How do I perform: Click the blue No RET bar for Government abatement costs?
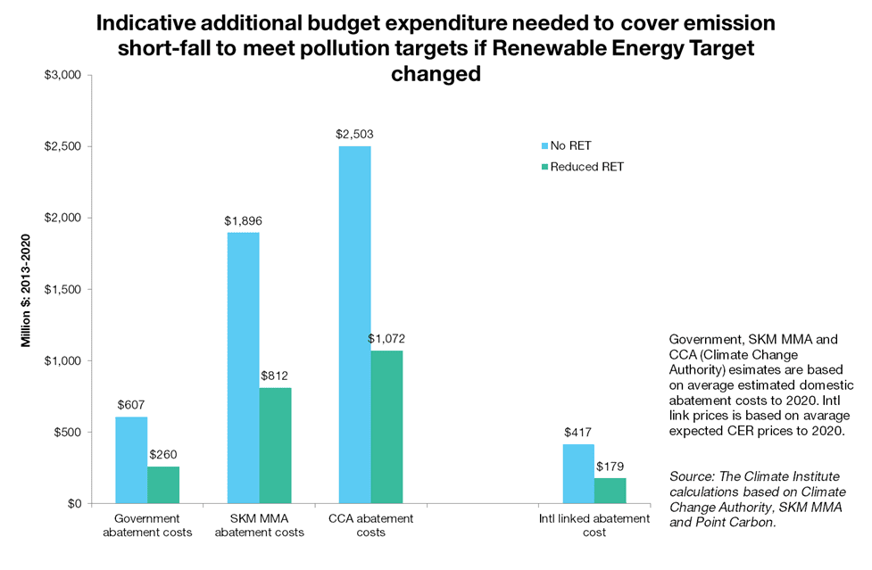(x=131, y=460)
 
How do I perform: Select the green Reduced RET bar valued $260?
(x=163, y=485)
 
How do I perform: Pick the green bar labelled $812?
(x=275, y=445)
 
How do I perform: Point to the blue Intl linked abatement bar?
(x=578, y=474)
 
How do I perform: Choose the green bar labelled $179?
(x=610, y=491)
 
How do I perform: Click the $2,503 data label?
(x=354, y=135)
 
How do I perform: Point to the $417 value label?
(x=578, y=433)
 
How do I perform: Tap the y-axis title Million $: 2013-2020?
(x=28, y=290)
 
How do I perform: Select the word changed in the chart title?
(x=436, y=75)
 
